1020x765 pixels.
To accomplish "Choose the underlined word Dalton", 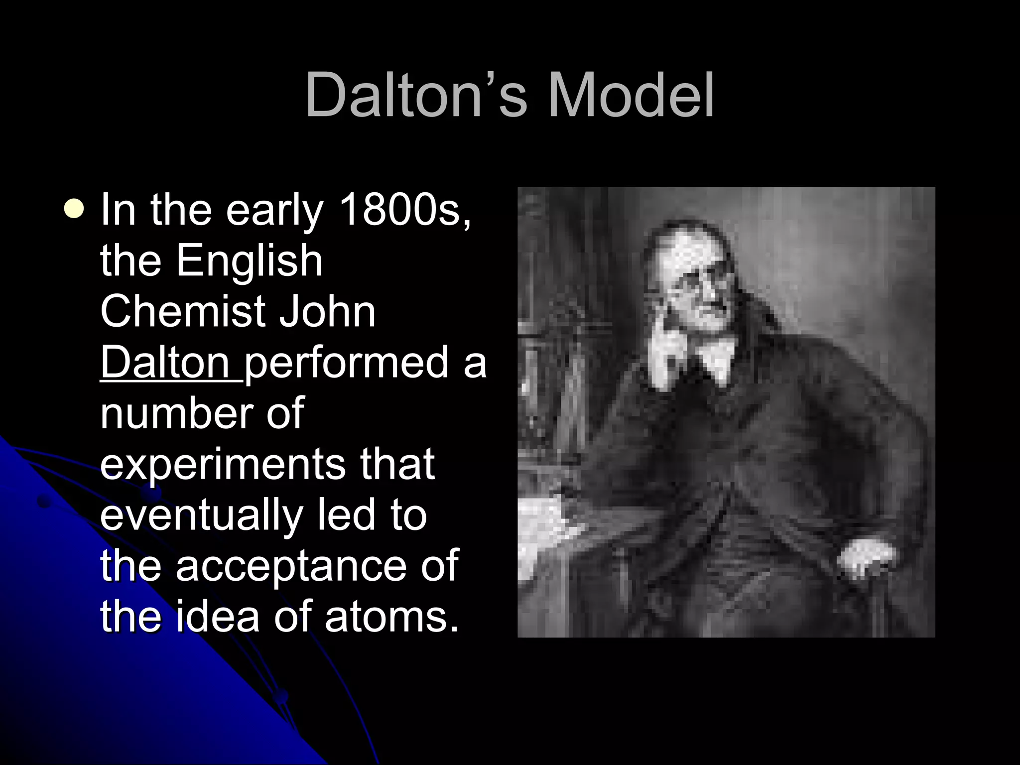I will [165, 362].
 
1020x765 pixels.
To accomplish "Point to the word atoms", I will [391, 617].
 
